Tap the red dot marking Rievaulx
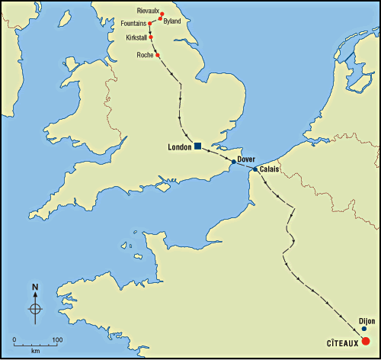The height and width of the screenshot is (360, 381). click(x=162, y=14)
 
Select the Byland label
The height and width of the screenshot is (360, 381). click(x=172, y=21)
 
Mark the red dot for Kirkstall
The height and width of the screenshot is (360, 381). click(x=151, y=37)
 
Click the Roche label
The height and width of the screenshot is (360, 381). click(x=145, y=55)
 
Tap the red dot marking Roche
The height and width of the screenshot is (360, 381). click(x=158, y=55)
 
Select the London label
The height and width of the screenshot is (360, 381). click(x=179, y=146)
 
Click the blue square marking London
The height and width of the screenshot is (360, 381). click(x=197, y=146)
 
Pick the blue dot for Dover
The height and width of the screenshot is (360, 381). click(x=233, y=162)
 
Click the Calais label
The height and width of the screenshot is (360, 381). click(x=268, y=169)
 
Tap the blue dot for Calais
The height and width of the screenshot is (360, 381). click(x=255, y=169)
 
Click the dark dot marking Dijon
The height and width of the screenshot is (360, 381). click(x=364, y=329)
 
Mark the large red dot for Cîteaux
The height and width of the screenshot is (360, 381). click(x=366, y=341)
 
